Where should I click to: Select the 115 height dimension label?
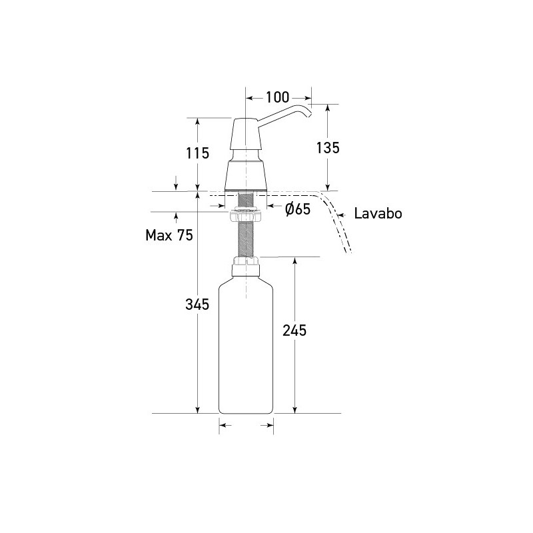pos(197,153)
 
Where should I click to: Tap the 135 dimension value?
pos(327,147)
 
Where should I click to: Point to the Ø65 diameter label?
pos(298,209)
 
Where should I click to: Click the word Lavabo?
pos(378,214)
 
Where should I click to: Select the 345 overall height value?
pos(197,304)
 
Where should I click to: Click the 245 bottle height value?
pos(294,330)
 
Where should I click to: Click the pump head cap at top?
pos(246,137)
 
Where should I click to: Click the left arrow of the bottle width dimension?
pos(224,424)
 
